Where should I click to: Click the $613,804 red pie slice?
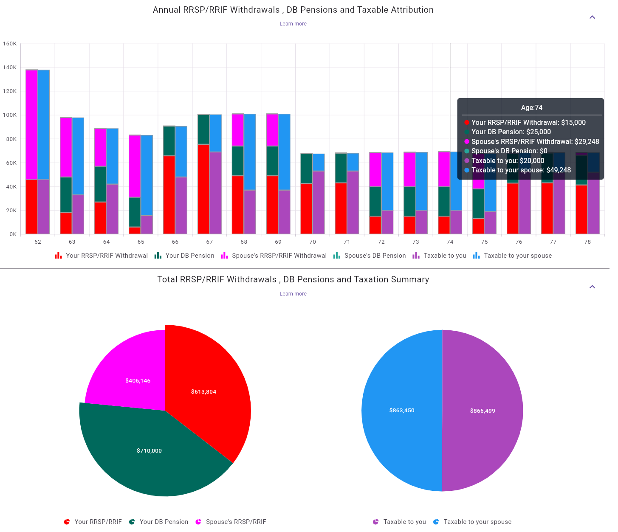click(x=204, y=391)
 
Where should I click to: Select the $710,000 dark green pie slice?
click(x=150, y=450)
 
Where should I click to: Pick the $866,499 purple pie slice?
click(x=483, y=411)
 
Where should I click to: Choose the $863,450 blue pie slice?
click(x=402, y=410)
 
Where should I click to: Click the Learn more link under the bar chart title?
click(x=293, y=24)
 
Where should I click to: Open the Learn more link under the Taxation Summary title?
click(x=293, y=294)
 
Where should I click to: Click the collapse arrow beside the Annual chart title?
click(x=592, y=17)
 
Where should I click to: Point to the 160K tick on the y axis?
click(x=10, y=44)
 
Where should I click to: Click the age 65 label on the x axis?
click(x=141, y=242)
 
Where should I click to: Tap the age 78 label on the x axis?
click(x=587, y=242)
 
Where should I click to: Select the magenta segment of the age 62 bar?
click(x=32, y=124)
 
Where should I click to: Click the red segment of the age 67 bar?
click(x=203, y=189)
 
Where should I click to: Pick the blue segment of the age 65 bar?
click(x=147, y=175)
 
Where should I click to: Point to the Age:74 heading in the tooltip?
click(x=531, y=108)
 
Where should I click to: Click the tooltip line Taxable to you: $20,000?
click(x=508, y=160)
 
